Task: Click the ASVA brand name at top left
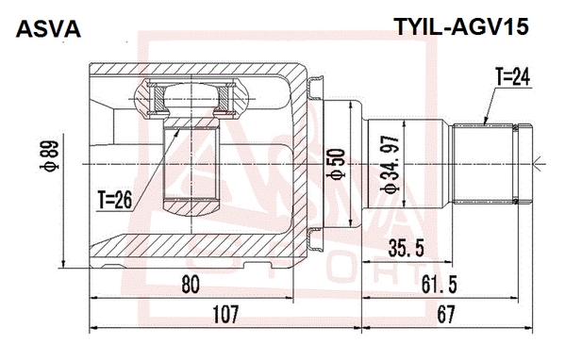(x=48, y=29)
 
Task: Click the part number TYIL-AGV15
(x=462, y=26)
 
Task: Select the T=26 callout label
(x=115, y=200)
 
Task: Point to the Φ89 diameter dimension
(x=49, y=156)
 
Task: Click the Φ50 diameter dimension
(x=335, y=164)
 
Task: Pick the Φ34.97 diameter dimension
(x=391, y=164)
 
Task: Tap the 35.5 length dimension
(x=407, y=248)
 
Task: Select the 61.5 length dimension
(x=440, y=284)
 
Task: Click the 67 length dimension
(x=446, y=314)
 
